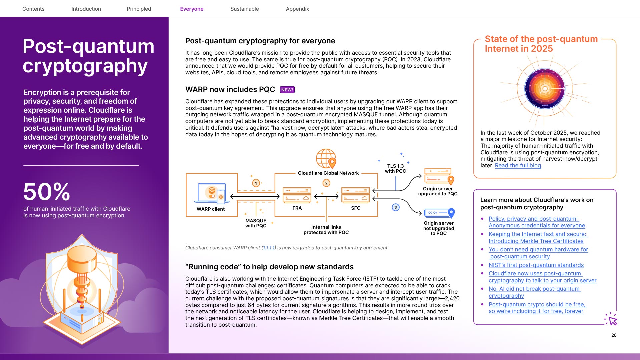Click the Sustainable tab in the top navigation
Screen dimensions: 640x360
click(244, 9)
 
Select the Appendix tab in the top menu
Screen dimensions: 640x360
click(297, 9)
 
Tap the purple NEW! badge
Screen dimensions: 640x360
click(287, 90)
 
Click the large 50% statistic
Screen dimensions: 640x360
click(47, 192)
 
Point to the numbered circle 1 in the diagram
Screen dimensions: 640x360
click(256, 183)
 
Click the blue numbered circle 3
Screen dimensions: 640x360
click(396, 207)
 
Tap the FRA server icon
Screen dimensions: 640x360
click(297, 195)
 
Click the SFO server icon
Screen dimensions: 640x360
click(355, 195)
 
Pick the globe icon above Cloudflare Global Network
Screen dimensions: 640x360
click(326, 159)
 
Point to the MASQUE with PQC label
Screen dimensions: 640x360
click(256, 223)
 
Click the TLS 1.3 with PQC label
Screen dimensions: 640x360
click(395, 168)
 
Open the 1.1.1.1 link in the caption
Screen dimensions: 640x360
click(269, 248)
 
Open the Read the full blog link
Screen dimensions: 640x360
click(518, 165)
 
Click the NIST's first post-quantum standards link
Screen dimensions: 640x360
click(536, 265)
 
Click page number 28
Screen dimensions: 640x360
click(614, 335)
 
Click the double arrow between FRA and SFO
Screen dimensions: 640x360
click(326, 196)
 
